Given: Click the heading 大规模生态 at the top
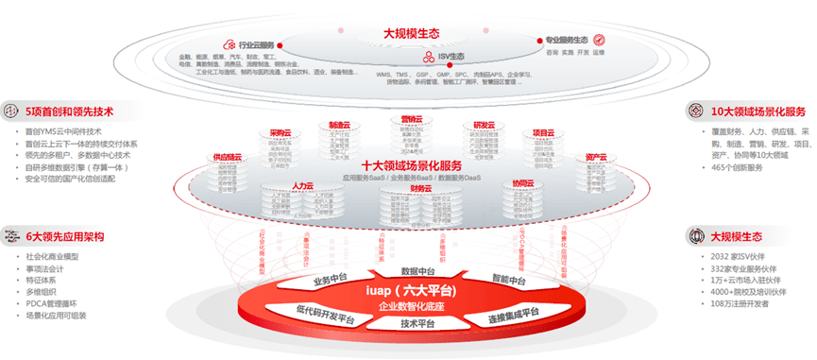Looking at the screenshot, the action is coord(411,33).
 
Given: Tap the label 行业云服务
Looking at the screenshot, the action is coord(255,44).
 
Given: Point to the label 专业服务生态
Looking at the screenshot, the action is coord(566,41).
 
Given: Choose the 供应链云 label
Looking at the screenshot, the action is coord(228,157).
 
